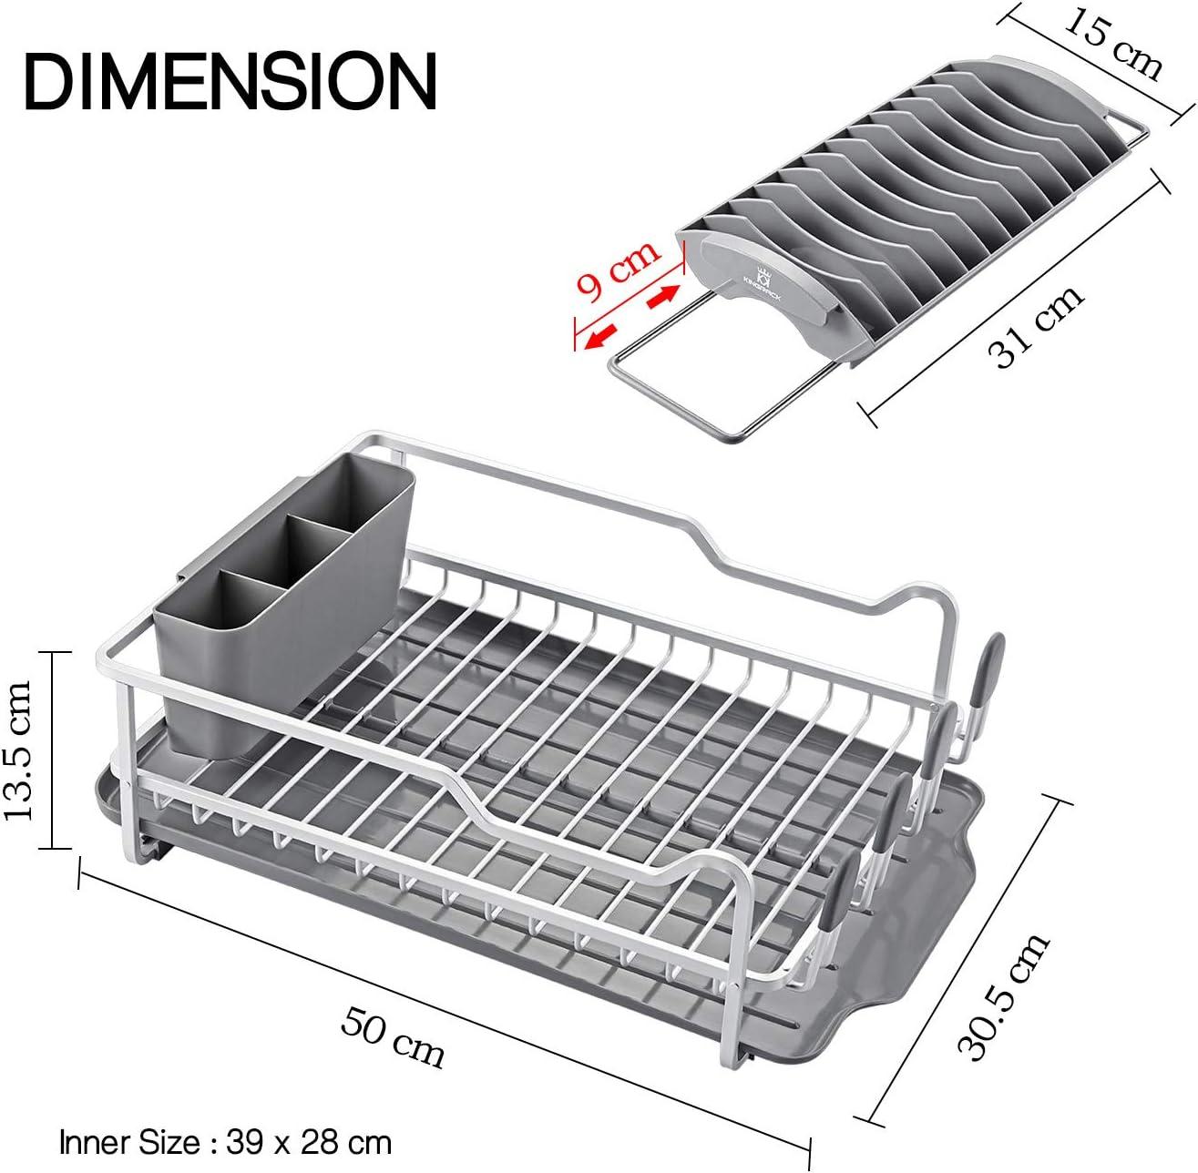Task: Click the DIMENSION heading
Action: pos(230,82)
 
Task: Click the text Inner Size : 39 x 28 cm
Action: pos(225,1143)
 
